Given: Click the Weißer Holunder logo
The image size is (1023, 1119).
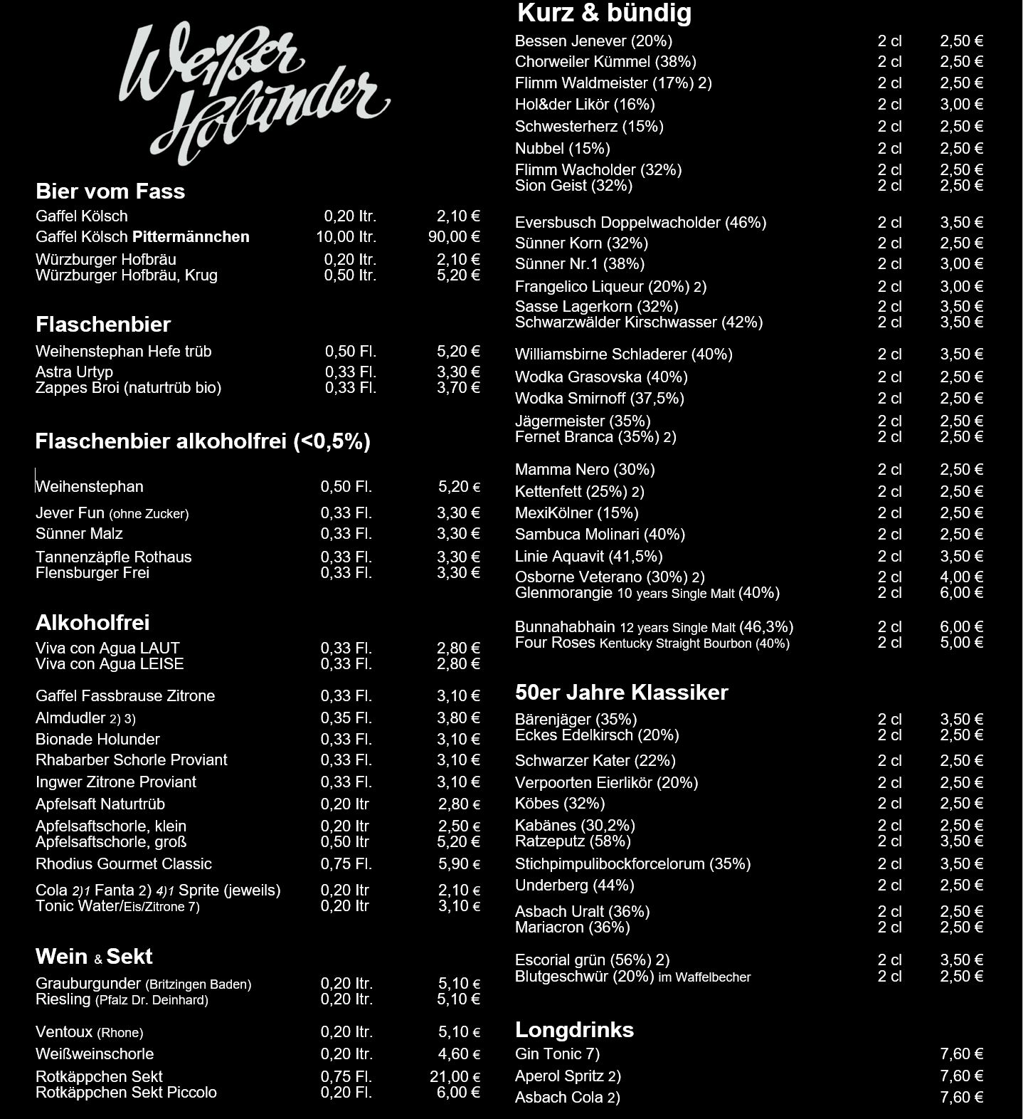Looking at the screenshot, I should pyautogui.click(x=254, y=93).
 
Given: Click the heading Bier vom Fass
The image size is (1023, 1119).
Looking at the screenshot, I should pyautogui.click(x=110, y=191).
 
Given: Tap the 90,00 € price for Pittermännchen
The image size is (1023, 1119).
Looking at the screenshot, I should pyautogui.click(x=454, y=237).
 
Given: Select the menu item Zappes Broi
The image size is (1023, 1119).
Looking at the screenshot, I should pyautogui.click(x=128, y=388).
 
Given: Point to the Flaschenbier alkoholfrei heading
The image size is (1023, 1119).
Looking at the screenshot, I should pyautogui.click(x=203, y=442).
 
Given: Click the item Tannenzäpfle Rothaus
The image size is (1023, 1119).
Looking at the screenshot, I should pyautogui.click(x=114, y=557).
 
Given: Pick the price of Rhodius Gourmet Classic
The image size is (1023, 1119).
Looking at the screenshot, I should pyautogui.click(x=459, y=864).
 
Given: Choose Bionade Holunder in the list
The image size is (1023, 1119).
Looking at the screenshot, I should pyautogui.click(x=97, y=739).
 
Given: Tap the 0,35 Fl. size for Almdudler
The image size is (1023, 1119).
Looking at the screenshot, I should pyautogui.click(x=346, y=718).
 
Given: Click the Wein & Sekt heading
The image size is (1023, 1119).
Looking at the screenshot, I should pyautogui.click(x=94, y=957).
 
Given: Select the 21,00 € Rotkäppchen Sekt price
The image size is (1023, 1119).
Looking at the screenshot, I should pyautogui.click(x=455, y=1077).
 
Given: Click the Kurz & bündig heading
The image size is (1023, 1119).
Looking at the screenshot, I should pyautogui.click(x=604, y=13).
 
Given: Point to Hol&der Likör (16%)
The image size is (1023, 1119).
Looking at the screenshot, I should pyautogui.click(x=585, y=105).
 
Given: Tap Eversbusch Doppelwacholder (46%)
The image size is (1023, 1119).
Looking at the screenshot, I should pyautogui.click(x=640, y=223).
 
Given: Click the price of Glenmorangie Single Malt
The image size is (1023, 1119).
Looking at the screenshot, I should pyautogui.click(x=961, y=593).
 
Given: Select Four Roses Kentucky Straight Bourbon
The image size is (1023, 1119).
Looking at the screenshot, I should pyautogui.click(x=652, y=643).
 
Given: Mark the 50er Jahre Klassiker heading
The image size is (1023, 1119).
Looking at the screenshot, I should pyautogui.click(x=621, y=693).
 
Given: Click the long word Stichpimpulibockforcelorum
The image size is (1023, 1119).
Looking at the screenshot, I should pyautogui.click(x=632, y=864).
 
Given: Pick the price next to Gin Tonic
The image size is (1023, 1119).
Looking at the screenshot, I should pyautogui.click(x=961, y=1054).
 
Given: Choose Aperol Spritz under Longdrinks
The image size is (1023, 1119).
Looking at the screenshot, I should pyautogui.click(x=568, y=1076).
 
